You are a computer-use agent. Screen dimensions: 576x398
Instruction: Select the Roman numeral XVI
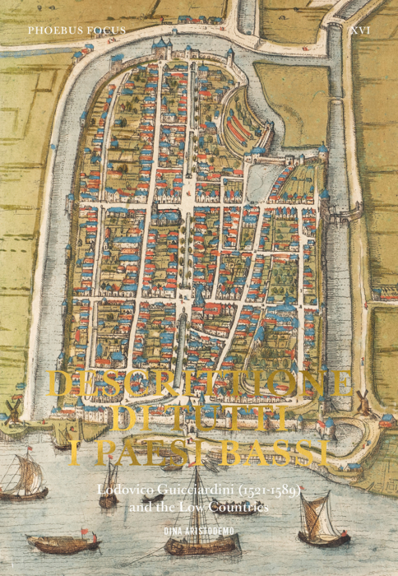[x=359, y=30]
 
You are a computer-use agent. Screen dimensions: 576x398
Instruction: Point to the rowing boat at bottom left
[x=62, y=541]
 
